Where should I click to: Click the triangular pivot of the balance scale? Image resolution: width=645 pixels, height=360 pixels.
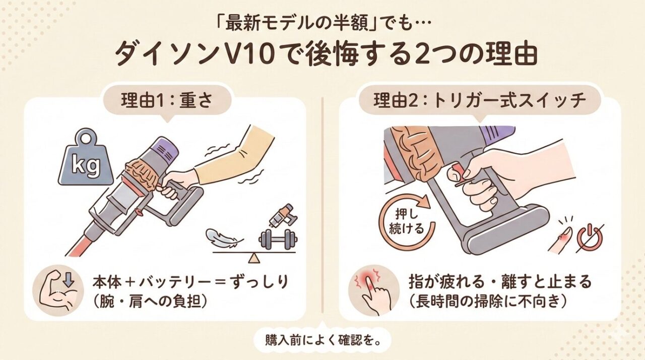(254, 258)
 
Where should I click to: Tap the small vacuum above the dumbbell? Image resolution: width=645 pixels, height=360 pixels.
(282, 215)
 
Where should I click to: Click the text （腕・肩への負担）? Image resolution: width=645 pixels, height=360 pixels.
(151, 302)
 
